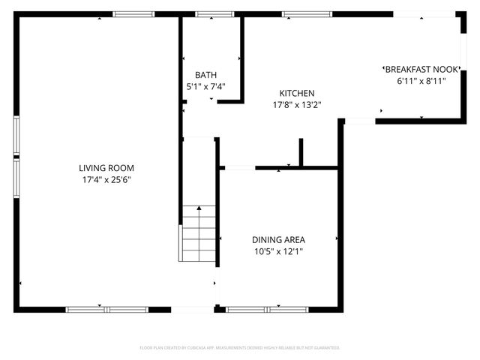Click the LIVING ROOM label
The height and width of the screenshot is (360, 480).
(x=106, y=168)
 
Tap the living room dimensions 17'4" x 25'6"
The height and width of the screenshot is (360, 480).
(x=106, y=180)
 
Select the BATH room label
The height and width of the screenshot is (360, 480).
(x=205, y=75)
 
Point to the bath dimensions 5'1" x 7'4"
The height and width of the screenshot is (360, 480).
(x=205, y=87)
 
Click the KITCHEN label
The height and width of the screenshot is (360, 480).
(x=297, y=93)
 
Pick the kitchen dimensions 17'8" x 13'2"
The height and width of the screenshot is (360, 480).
(x=297, y=105)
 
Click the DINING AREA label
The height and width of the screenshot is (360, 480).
(x=278, y=240)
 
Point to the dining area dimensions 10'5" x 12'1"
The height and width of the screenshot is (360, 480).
(x=278, y=252)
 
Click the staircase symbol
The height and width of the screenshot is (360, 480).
(x=199, y=233)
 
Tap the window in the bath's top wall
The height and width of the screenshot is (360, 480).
(x=214, y=13)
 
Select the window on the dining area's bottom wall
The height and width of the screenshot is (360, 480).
(x=267, y=309)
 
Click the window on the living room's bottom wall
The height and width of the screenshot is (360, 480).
(x=106, y=309)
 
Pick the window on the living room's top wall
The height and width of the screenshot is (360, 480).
(x=133, y=13)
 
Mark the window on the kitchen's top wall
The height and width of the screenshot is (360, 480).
(x=307, y=13)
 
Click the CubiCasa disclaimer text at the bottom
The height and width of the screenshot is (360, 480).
(x=240, y=348)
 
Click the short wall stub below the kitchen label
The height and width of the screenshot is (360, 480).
(x=301, y=152)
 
